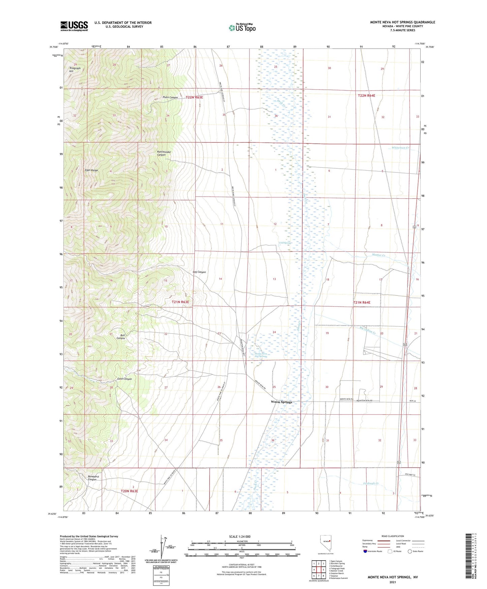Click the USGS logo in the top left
coord(74,26)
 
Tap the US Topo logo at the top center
coord(242,28)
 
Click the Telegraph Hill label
coord(75,70)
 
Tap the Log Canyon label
coord(199,272)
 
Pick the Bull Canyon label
coord(121,337)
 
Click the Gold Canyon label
coord(124,379)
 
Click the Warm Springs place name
coord(281,402)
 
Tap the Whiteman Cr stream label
coord(400,148)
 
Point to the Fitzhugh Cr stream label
coord(371,483)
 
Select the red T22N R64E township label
coord(366,95)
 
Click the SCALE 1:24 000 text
coord(240,537)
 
